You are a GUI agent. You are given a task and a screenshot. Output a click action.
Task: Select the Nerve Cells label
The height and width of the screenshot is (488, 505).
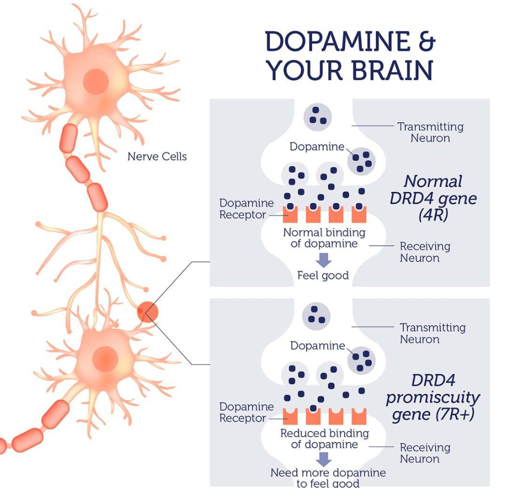[x=157, y=156]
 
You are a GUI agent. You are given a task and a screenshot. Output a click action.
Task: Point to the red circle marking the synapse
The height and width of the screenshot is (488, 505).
[x=148, y=313]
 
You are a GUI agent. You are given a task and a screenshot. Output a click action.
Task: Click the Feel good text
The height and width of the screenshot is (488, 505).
[x=323, y=275]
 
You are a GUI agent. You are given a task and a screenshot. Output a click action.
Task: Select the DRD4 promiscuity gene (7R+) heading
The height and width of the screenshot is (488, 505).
[x=432, y=398]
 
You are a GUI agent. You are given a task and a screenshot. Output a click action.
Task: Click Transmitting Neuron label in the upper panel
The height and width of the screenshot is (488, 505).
[x=430, y=132]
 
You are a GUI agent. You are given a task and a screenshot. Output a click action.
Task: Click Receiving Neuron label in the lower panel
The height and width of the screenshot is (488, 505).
[x=425, y=453]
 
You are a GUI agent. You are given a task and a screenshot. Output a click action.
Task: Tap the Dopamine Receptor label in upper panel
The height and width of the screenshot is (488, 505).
[x=243, y=209]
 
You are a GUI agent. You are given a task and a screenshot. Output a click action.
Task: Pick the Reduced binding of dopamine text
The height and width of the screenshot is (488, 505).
[x=324, y=439]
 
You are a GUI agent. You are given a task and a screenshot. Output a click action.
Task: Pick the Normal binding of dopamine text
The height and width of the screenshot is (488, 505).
[x=324, y=238]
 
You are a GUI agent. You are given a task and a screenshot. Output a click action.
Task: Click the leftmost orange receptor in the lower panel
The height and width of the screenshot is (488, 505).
[x=290, y=416]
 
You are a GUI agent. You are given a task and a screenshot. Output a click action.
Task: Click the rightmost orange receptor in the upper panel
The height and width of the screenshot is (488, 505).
[x=359, y=215]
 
